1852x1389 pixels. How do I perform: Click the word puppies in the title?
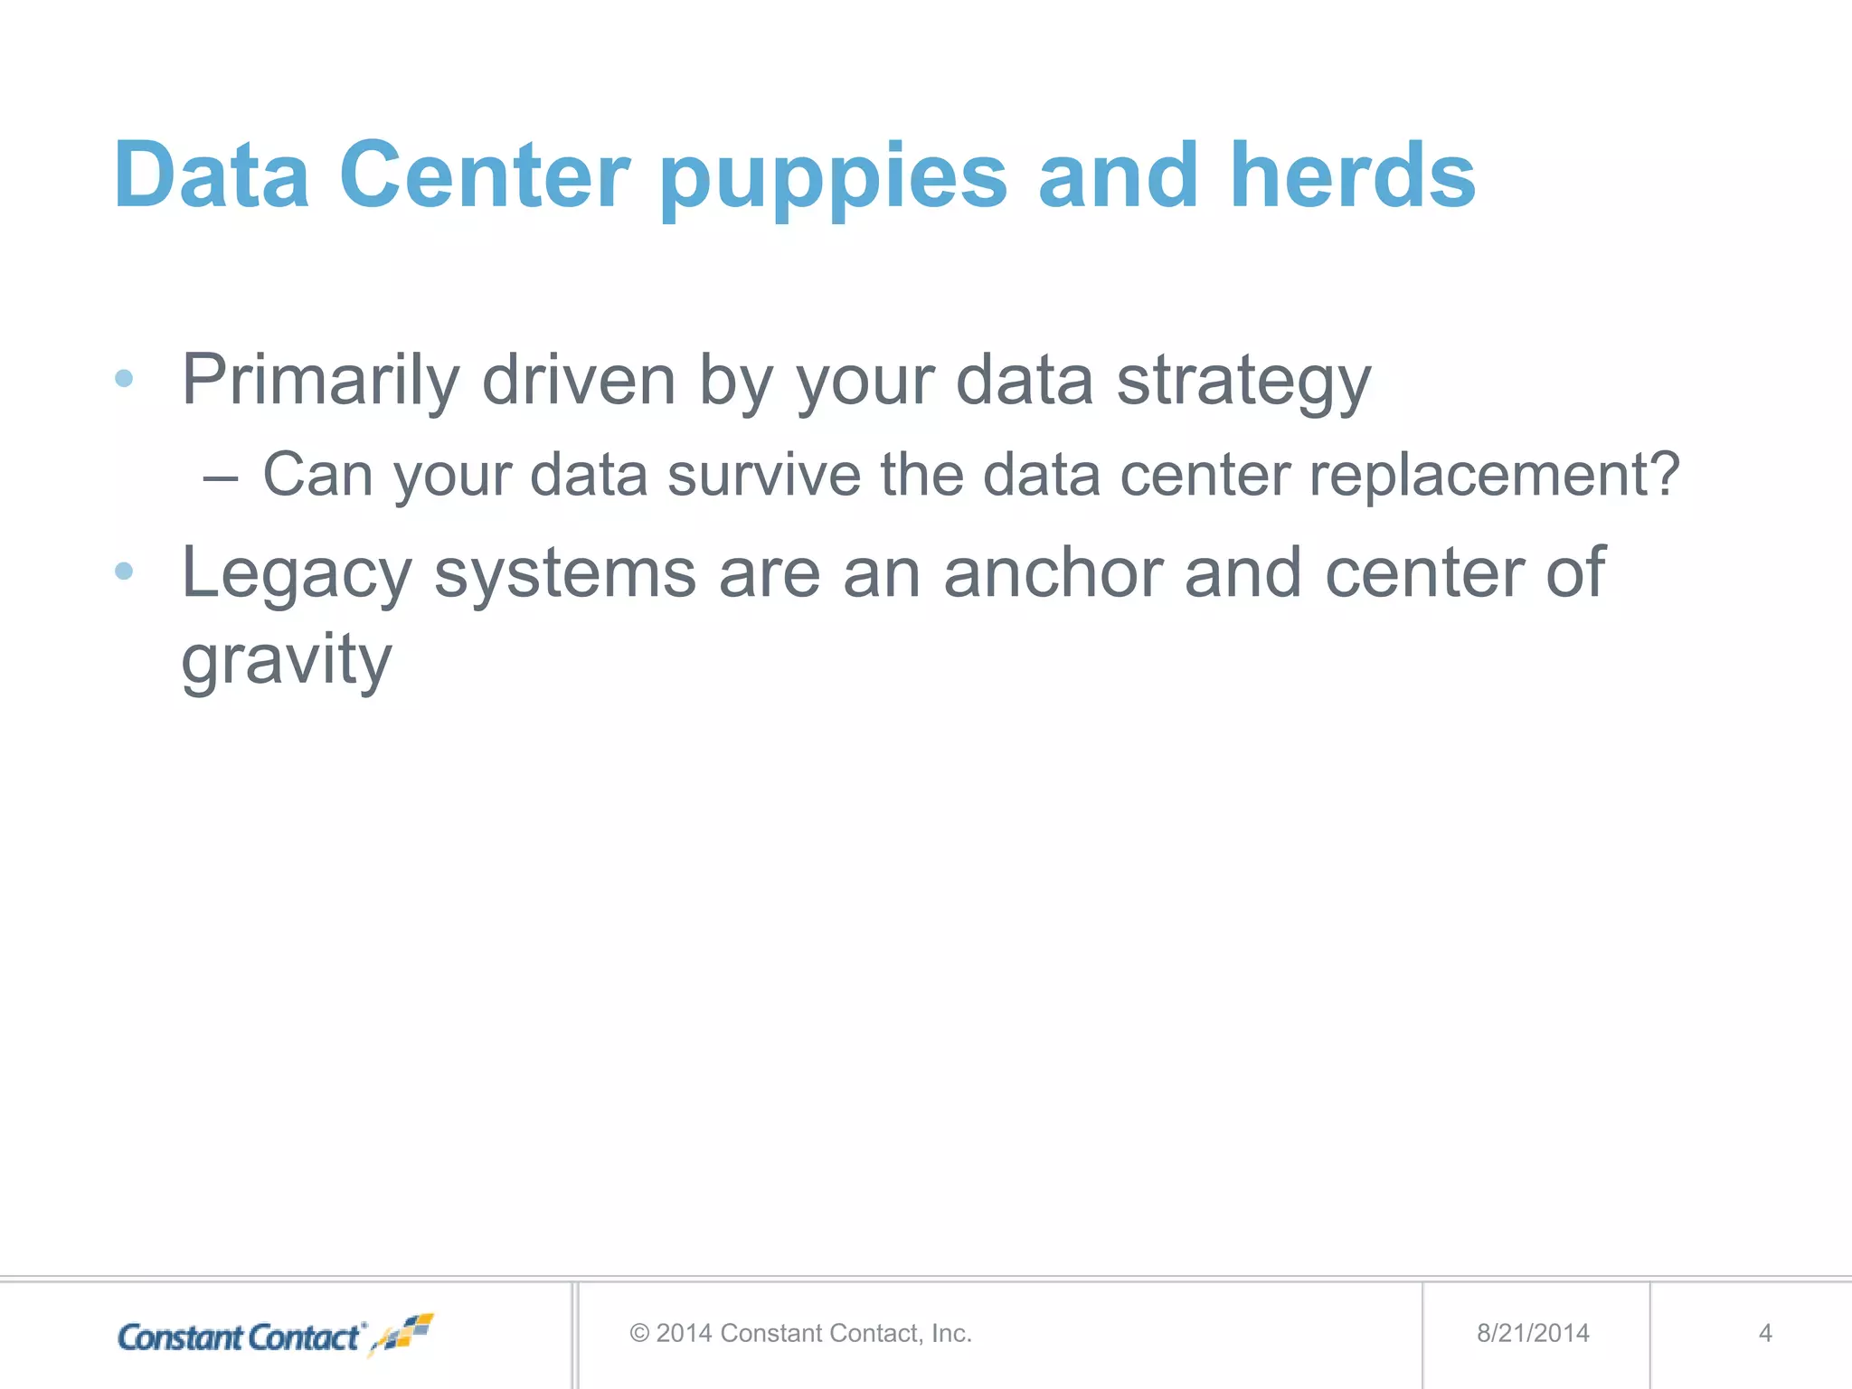click(x=833, y=177)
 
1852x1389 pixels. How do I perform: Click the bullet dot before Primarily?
click(x=125, y=378)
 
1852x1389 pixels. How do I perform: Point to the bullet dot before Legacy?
click(x=125, y=571)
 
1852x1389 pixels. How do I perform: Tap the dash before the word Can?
click(x=221, y=477)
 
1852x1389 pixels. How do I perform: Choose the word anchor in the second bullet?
click(x=1053, y=572)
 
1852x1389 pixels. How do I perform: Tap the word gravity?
click(x=287, y=662)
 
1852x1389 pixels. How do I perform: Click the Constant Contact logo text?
click(x=240, y=1337)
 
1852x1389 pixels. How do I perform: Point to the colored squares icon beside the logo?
click(x=405, y=1333)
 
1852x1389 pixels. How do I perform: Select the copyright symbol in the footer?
click(x=639, y=1333)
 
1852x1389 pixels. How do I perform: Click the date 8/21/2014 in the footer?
click(x=1533, y=1333)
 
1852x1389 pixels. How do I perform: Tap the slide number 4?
click(x=1764, y=1333)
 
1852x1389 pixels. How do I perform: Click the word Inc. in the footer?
click(x=951, y=1333)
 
